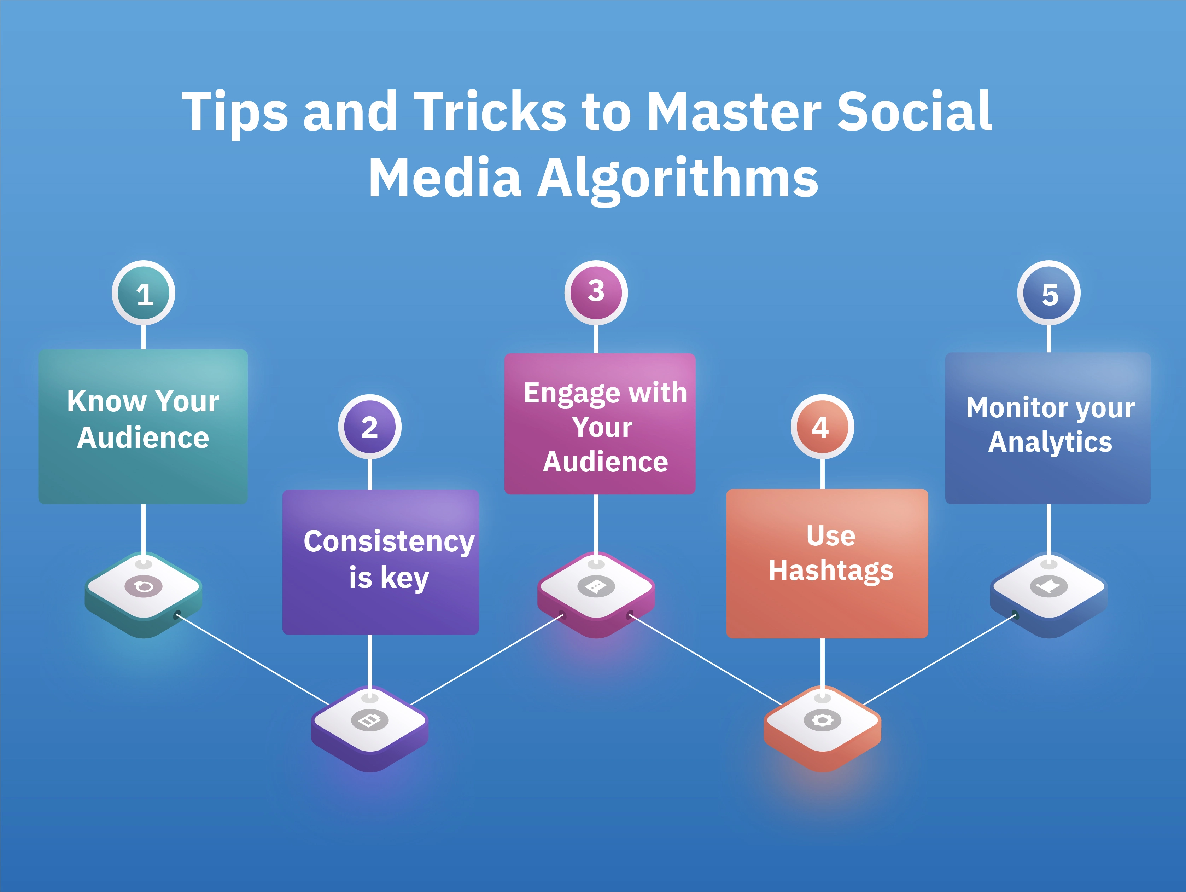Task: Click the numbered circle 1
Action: [x=144, y=294]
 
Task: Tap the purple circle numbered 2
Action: [x=370, y=428]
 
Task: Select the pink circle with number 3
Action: [x=596, y=292]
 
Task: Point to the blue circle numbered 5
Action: [x=1049, y=294]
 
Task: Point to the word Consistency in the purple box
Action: [x=389, y=542]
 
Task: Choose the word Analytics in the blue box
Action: [x=1050, y=442]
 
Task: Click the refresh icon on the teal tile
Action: [x=144, y=586]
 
